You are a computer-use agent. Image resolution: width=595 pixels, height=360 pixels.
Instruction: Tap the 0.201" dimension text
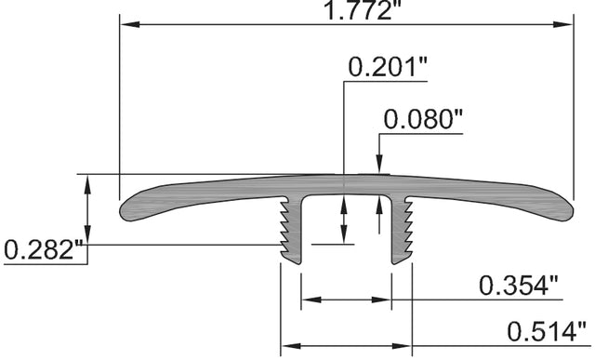pos(388,67)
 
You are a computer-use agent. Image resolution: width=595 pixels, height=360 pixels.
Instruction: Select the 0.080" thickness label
pos(423,119)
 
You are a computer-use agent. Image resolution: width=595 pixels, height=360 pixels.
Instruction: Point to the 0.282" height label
pos(44,250)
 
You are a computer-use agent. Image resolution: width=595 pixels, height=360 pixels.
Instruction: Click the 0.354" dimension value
pos(519,286)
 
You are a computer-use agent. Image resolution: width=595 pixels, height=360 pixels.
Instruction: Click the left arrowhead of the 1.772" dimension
pos(130,25)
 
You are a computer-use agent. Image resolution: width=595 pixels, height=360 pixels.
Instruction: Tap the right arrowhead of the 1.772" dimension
pos(563,25)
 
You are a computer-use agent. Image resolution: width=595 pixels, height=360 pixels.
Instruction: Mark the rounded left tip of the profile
pos(122,211)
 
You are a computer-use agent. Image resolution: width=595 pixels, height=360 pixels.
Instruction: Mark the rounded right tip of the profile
pos(571,212)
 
